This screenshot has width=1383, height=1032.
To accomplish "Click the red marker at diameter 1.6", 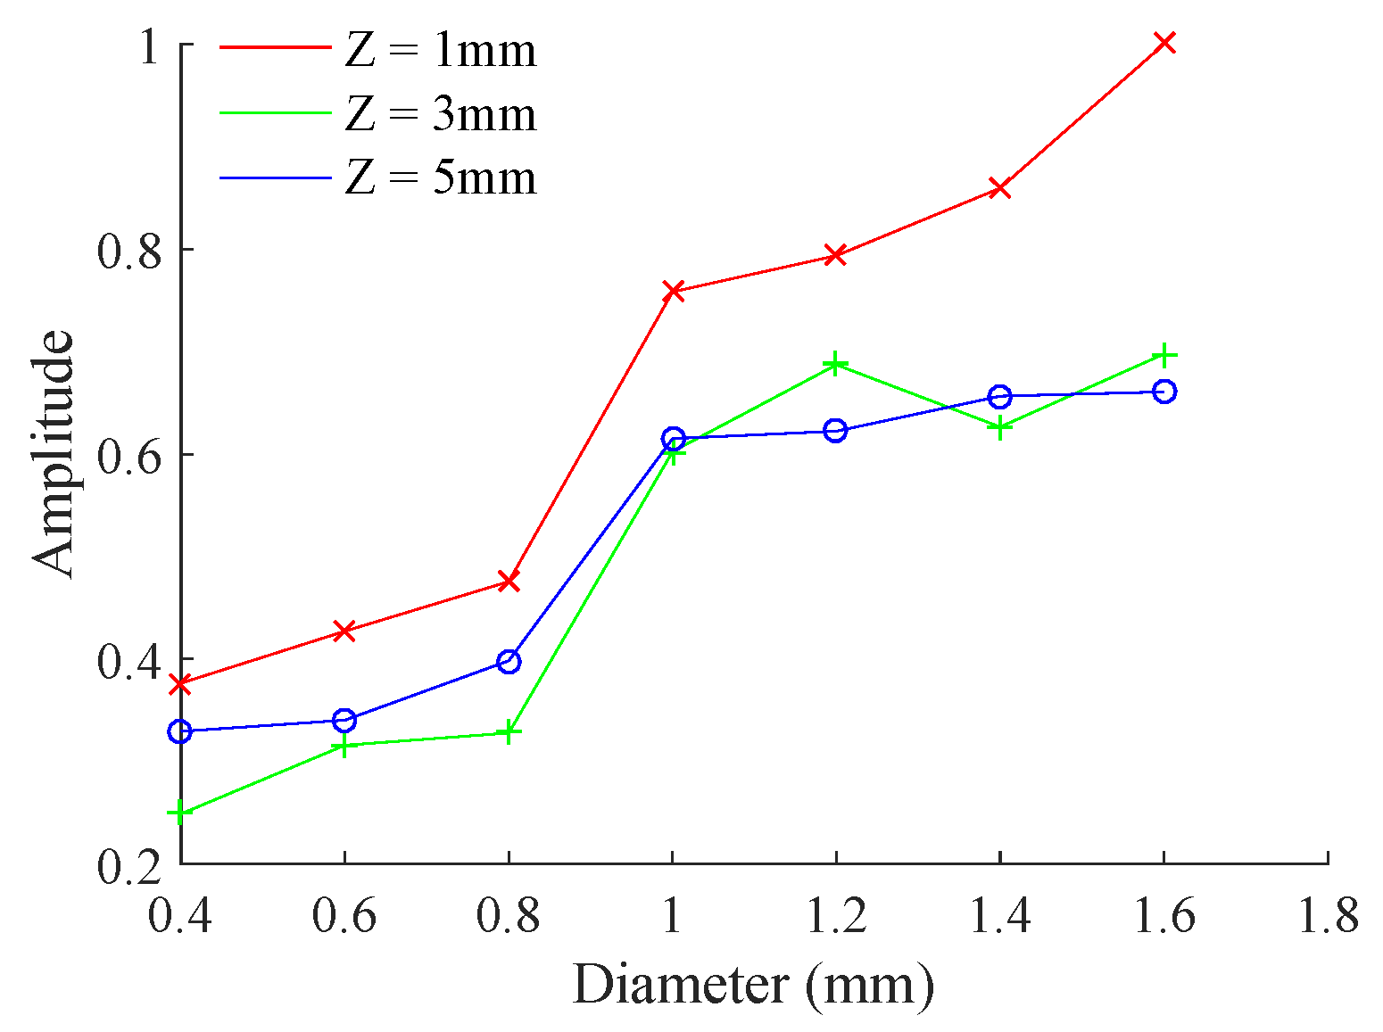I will [1164, 43].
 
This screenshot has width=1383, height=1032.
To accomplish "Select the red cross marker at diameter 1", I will [673, 292].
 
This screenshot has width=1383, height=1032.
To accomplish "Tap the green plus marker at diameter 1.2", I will [835, 364].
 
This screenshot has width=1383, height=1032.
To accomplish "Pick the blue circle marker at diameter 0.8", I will [509, 662].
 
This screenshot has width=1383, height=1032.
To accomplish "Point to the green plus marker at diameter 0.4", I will [181, 813].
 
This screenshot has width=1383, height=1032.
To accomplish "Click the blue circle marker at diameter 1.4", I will [1000, 396].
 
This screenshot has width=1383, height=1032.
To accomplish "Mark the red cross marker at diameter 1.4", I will [1000, 188].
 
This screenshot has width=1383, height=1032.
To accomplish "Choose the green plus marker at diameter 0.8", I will [509, 732].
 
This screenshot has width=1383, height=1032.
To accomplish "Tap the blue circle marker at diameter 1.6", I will [1164, 392].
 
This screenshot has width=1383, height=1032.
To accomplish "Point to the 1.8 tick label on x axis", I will [1328, 916].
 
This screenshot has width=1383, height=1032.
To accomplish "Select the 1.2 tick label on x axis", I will [835, 916].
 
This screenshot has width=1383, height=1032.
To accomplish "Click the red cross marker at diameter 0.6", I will [344, 632].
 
